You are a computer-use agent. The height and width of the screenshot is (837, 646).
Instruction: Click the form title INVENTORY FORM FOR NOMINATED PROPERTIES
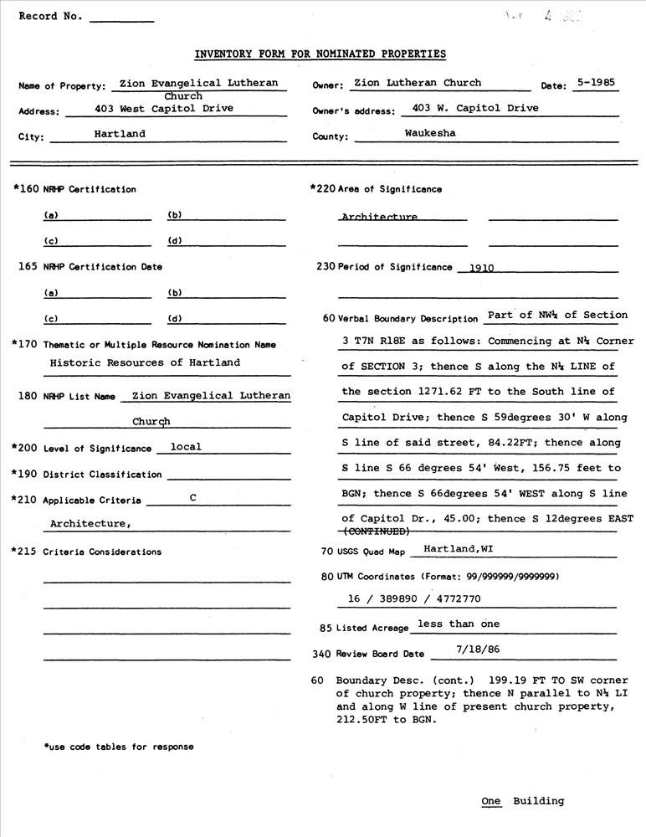(320, 54)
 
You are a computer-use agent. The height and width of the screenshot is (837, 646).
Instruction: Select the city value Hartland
(120, 134)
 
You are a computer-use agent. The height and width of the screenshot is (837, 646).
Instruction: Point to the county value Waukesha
(430, 134)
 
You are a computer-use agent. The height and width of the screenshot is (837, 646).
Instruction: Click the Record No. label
(50, 16)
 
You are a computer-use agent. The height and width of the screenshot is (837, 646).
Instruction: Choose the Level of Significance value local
(186, 447)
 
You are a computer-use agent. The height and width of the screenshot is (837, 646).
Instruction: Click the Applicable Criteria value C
(192, 498)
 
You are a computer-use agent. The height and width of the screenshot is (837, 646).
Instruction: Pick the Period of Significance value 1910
(482, 269)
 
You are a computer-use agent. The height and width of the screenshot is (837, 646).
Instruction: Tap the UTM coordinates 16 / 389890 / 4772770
(414, 599)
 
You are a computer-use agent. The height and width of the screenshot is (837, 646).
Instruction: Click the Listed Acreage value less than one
(458, 624)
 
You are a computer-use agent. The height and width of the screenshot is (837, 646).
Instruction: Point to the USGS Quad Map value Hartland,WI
(457, 549)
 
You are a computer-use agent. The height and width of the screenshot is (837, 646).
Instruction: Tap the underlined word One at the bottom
(491, 801)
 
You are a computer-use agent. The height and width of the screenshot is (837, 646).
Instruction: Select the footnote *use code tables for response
(118, 747)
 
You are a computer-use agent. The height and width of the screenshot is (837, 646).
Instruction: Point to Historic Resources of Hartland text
(145, 362)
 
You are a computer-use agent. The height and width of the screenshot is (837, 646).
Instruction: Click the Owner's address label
(352, 111)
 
